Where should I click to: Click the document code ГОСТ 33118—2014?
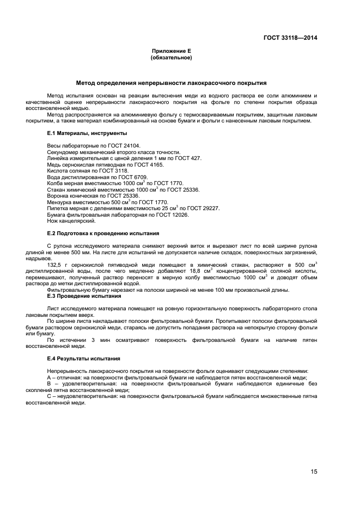click(x=290, y=38)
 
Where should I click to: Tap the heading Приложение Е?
click(x=171, y=51)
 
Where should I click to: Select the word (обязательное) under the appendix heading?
click(x=171, y=57)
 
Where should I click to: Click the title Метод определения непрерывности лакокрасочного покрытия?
click(x=171, y=83)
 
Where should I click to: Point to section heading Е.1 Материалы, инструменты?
click(x=87, y=133)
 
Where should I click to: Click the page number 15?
click(x=314, y=471)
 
